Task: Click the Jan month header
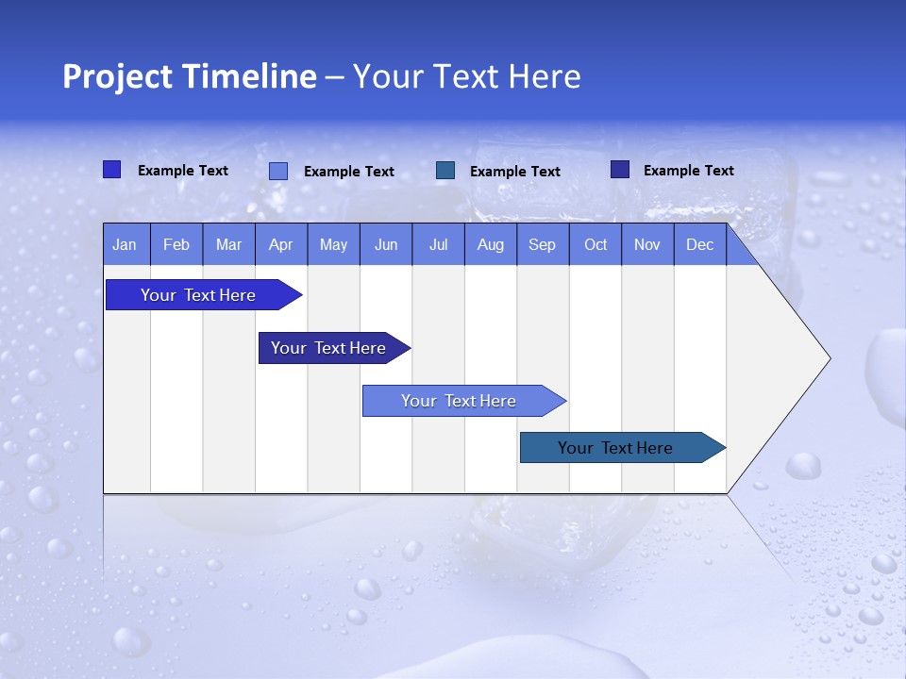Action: [x=126, y=245]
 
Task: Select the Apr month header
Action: [x=281, y=245]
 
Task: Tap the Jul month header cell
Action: [x=438, y=245]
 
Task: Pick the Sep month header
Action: [x=543, y=245]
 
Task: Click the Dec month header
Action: [x=699, y=245]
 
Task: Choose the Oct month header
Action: [x=596, y=245]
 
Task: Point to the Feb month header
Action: [x=176, y=245]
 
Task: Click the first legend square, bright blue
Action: [x=111, y=170]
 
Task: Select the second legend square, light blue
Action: [x=278, y=171]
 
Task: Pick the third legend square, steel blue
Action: [x=445, y=170]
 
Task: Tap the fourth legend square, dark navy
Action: [x=620, y=170]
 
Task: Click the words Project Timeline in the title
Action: [x=189, y=76]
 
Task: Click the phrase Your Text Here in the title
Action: [x=467, y=76]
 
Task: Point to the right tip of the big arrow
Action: [x=829, y=358]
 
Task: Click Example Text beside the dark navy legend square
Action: [x=688, y=171]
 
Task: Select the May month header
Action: [x=333, y=245]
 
